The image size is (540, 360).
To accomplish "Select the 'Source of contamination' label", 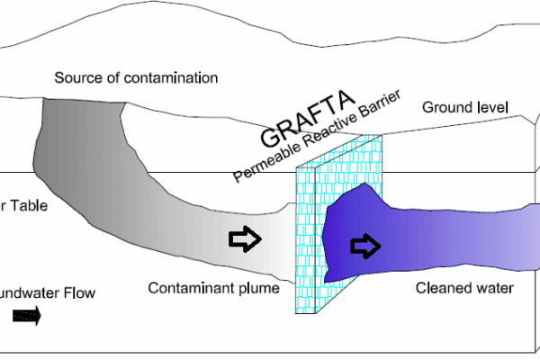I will (x=136, y=77).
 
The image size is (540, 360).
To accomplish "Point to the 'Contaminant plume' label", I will (x=214, y=288).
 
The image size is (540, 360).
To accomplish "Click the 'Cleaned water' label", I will (x=464, y=288).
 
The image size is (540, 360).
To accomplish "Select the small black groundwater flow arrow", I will (x=26, y=316).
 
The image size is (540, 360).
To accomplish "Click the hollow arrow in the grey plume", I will (x=245, y=239).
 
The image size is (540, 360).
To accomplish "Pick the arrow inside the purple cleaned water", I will (x=365, y=245).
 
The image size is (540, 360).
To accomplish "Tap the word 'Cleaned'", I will (x=442, y=288).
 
